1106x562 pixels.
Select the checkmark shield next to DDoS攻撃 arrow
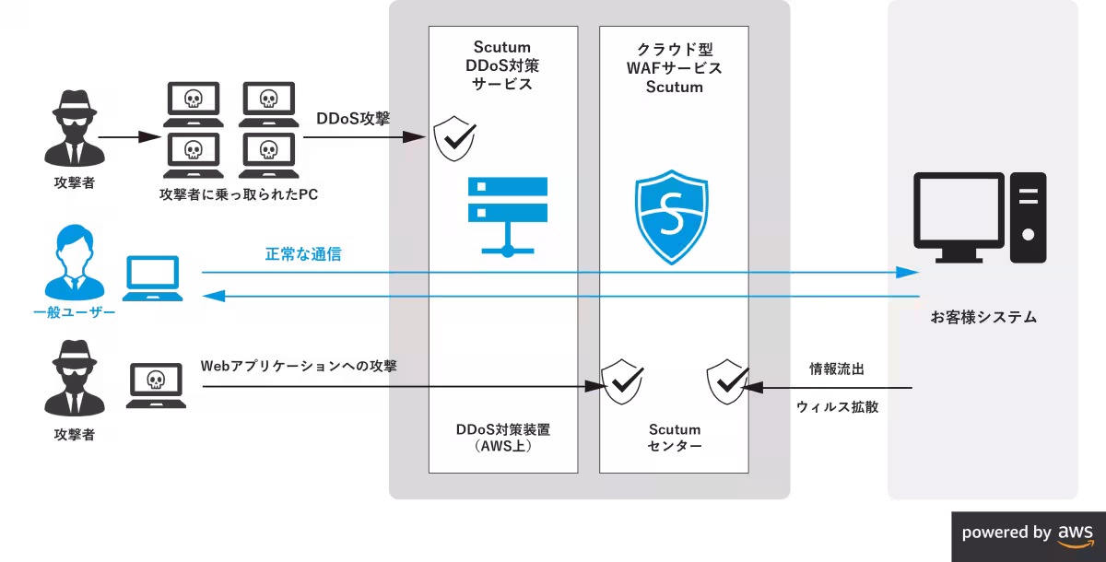point(454,138)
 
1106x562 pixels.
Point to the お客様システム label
point(982,318)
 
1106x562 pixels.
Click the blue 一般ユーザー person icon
point(73,268)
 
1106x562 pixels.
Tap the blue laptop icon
point(155,280)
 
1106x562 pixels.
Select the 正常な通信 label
point(303,255)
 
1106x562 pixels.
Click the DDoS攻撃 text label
point(353,119)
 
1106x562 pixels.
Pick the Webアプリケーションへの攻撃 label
point(299,367)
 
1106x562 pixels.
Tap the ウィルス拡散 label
point(837,406)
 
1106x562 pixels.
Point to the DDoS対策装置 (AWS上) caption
point(503,439)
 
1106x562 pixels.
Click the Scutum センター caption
point(675,439)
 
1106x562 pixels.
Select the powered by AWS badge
point(1028,533)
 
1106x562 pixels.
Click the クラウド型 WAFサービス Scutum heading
point(675,67)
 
